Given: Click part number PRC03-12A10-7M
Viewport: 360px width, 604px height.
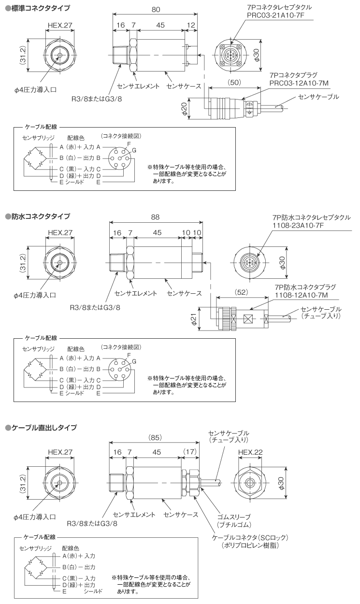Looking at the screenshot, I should coord(299,84).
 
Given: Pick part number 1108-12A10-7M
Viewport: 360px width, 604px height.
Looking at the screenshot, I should coord(301,294).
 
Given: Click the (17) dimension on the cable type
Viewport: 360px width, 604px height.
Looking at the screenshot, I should coord(190,451).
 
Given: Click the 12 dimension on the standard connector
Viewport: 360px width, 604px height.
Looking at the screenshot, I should coord(192,25).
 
